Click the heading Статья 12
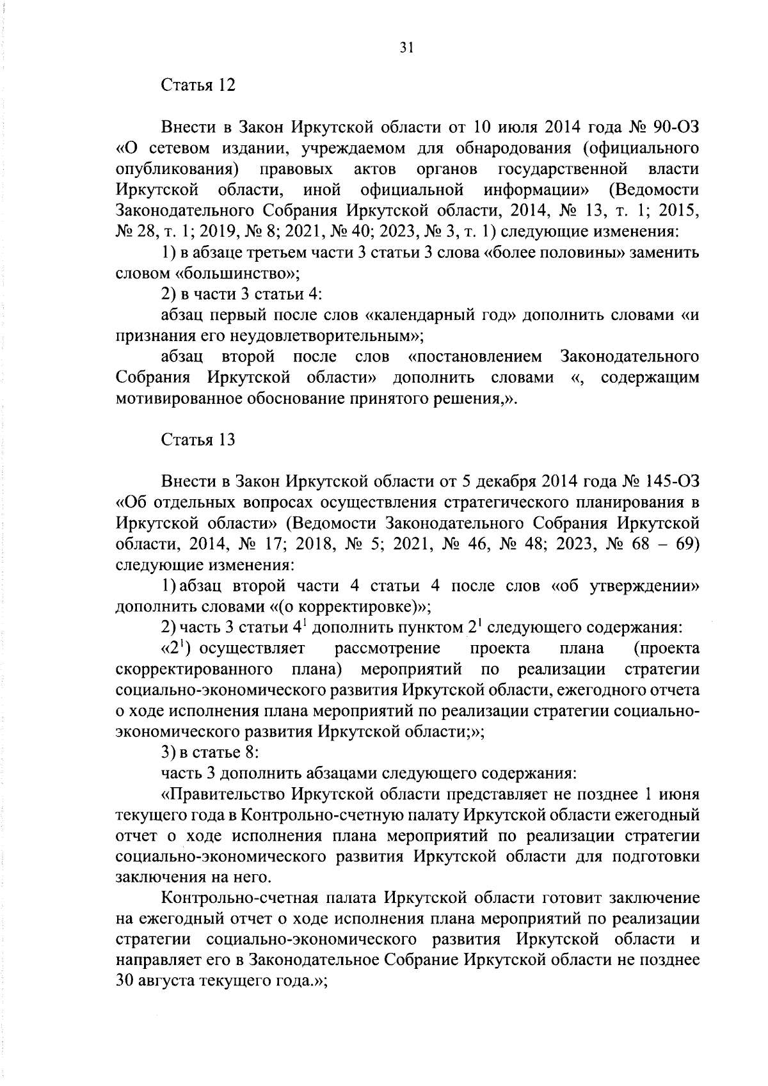tap(198, 86)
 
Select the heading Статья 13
tap(198, 440)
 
